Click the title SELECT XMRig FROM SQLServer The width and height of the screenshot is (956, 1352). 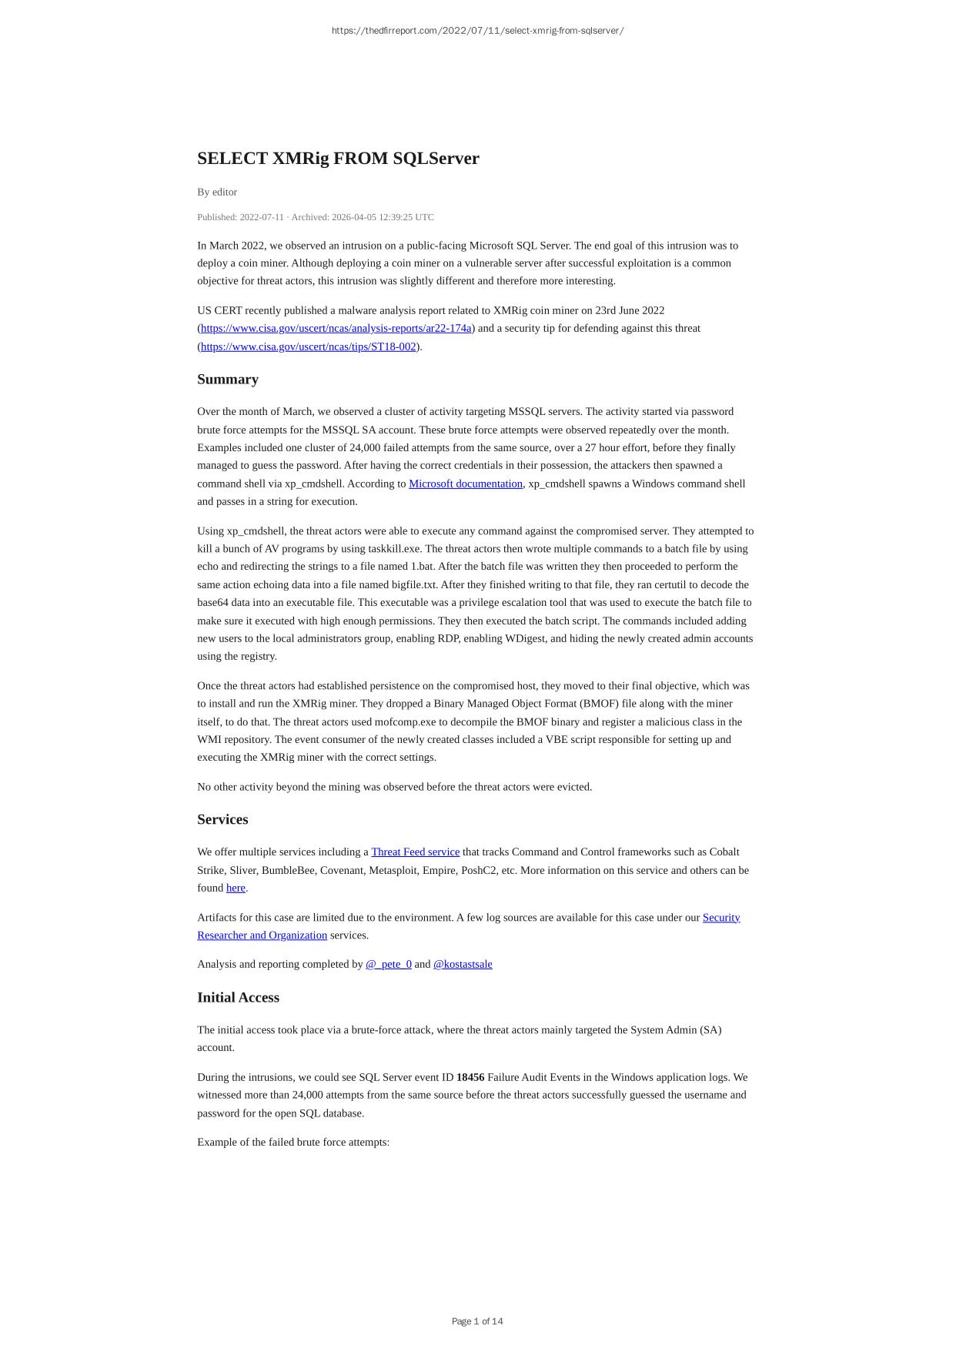[338, 159]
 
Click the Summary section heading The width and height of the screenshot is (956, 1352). [228, 380]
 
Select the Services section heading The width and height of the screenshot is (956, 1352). [222, 819]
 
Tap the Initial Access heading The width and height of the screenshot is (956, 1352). [238, 997]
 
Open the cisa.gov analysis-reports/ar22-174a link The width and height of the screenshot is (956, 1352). [336, 329]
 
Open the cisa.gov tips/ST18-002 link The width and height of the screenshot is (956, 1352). [309, 346]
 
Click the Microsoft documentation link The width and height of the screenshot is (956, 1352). [466, 484]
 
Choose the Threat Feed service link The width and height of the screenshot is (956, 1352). [415, 852]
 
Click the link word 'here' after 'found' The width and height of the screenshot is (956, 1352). [236, 888]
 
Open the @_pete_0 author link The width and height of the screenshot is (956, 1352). [389, 964]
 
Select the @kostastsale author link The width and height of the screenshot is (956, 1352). [463, 964]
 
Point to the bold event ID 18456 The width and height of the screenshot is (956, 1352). [470, 1077]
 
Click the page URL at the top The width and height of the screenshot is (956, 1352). [477, 31]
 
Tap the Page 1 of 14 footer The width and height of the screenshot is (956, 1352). [477, 1321]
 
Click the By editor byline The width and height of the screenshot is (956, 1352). [217, 192]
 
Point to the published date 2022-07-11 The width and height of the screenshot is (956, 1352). [262, 217]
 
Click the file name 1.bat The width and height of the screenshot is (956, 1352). [423, 567]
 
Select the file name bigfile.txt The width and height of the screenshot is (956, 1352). [414, 585]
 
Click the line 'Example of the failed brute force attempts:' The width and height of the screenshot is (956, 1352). [293, 1142]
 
